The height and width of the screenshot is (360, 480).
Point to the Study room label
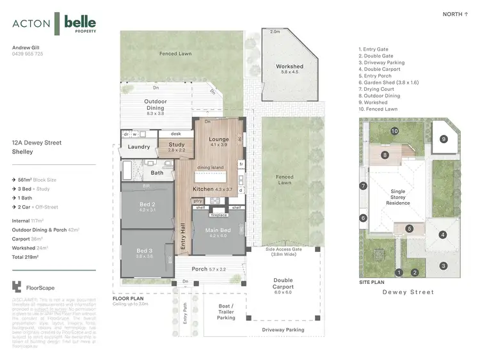177,145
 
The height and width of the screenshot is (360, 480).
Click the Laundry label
139,147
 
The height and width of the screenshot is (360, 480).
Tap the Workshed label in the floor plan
289,67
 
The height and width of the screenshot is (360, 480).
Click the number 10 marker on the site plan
395,131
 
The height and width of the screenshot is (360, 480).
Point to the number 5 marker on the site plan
409,228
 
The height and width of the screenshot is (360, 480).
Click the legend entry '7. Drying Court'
380,90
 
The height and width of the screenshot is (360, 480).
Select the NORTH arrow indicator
456,14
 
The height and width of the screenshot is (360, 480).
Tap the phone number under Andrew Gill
28,54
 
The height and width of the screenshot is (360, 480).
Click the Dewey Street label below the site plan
408,292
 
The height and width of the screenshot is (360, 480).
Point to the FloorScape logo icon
17,288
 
